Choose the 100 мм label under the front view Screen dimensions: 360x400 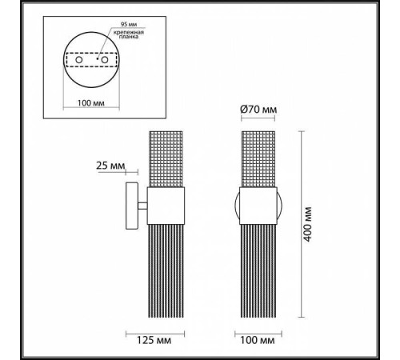[x=257, y=339]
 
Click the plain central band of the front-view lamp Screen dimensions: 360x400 [x=257, y=206]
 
